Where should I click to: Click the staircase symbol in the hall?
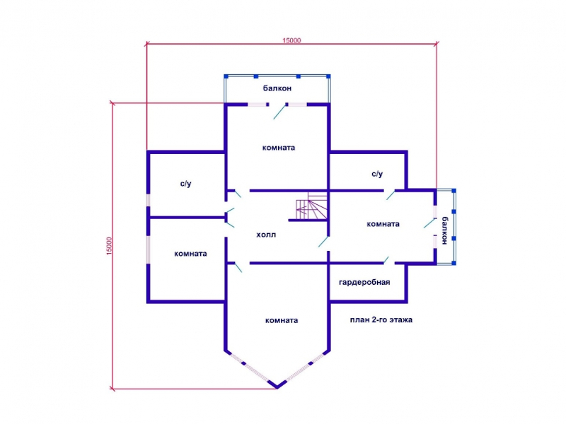click(311, 206)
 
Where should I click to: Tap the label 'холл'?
click(266, 235)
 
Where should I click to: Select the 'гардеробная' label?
click(364, 282)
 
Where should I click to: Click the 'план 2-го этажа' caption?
click(381, 320)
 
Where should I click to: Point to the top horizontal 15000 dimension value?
click(291, 40)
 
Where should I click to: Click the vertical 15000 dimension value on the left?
click(110, 246)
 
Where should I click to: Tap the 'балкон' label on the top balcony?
click(277, 88)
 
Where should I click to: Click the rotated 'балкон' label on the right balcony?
click(444, 230)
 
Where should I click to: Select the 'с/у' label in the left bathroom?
click(185, 184)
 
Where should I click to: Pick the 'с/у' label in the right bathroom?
click(377, 174)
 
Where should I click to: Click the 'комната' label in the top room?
click(278, 148)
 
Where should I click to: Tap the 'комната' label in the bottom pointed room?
click(281, 320)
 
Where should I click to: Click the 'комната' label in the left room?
click(190, 254)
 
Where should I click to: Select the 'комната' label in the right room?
click(383, 224)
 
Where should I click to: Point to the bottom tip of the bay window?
click(277, 388)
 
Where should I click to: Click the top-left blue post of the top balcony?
click(226, 76)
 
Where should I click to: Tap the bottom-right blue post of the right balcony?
click(454, 263)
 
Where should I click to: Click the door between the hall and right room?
click(323, 242)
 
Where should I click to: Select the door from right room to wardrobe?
click(386, 260)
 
